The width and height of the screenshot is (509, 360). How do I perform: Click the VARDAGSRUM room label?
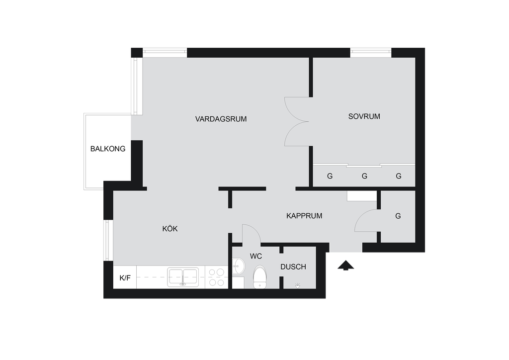(x=221, y=119)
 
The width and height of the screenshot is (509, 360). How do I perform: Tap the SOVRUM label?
(x=364, y=116)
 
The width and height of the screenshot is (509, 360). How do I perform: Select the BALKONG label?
(x=108, y=149)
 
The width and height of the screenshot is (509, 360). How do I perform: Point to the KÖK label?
(x=170, y=229)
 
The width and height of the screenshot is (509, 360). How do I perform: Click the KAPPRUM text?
(x=304, y=216)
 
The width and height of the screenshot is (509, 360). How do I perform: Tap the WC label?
(x=256, y=257)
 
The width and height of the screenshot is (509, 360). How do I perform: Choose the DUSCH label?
(x=293, y=267)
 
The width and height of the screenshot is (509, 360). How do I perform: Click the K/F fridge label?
(x=125, y=278)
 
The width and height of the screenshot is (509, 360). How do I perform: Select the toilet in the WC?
(x=259, y=277)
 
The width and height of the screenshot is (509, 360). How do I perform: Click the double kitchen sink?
(x=183, y=277)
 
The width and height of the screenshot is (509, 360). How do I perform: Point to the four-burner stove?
(x=217, y=277)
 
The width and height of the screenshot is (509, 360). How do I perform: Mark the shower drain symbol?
(x=298, y=285)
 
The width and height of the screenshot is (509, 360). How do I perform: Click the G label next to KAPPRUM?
(x=398, y=216)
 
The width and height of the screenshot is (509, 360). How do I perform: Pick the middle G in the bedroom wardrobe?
(x=364, y=176)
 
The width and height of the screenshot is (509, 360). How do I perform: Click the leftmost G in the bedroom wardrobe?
(x=330, y=176)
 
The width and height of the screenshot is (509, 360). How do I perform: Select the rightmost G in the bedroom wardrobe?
(x=399, y=176)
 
